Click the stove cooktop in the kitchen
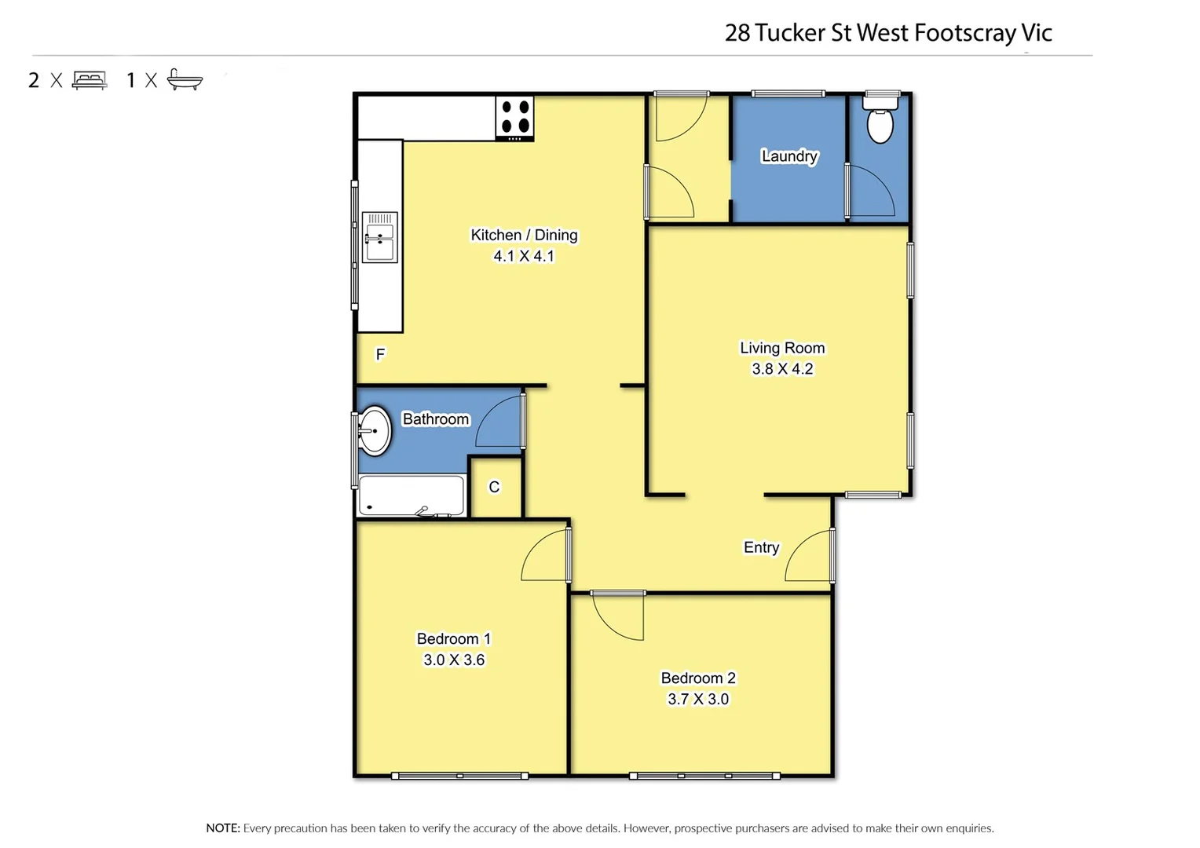point(514,118)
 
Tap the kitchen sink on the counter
point(379,237)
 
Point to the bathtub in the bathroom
point(411,496)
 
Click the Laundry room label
point(789,156)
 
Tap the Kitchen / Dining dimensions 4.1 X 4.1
point(524,256)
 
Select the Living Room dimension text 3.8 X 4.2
point(782,369)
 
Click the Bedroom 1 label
point(453,639)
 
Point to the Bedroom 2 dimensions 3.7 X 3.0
point(698,700)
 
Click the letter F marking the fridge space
point(380,355)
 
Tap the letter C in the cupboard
point(494,488)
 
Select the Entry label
point(761,547)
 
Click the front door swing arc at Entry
point(809,557)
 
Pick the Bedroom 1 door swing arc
point(544,557)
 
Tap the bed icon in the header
point(90,80)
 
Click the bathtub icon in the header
point(185,80)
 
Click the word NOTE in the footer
point(222,828)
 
